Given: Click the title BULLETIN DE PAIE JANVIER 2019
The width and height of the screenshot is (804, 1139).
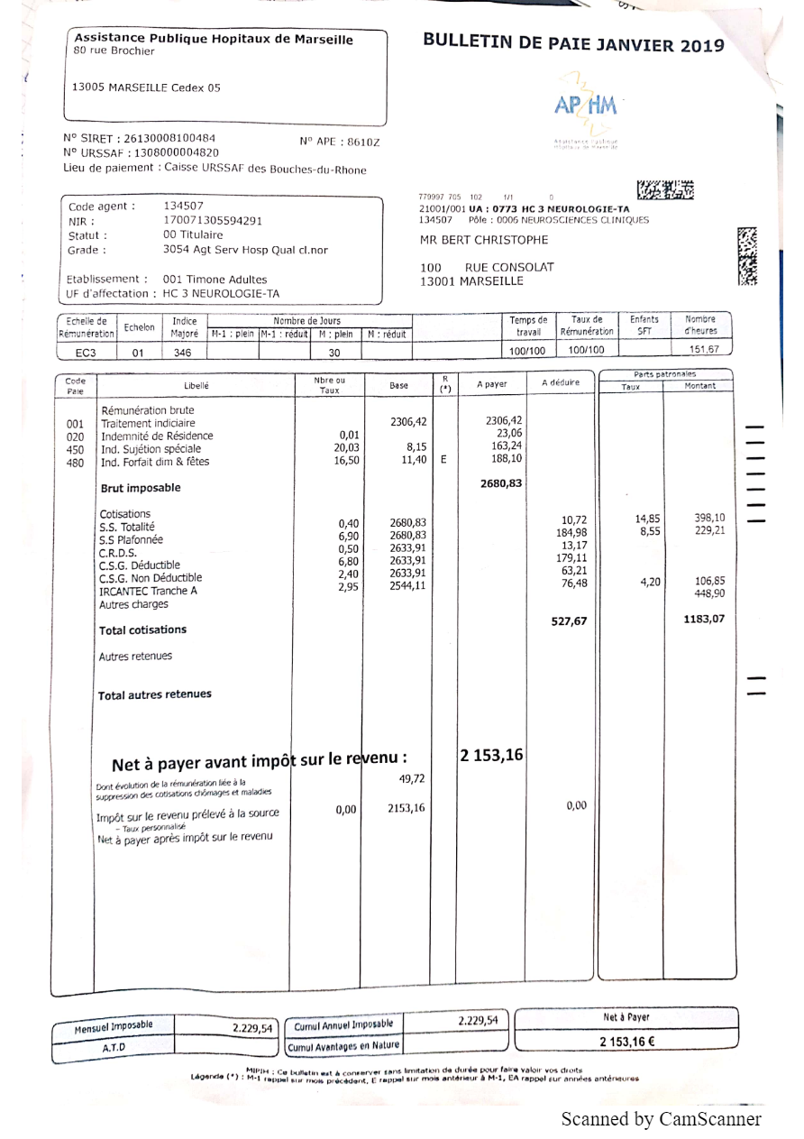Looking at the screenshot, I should [573, 45].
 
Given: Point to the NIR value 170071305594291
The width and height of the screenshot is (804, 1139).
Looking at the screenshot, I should [213, 220].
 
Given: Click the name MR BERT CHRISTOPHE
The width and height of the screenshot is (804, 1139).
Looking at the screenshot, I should [484, 240].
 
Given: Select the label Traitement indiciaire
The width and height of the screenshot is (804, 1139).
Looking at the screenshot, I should [148, 423].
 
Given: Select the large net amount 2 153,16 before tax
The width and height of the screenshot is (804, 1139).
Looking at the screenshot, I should [491, 755].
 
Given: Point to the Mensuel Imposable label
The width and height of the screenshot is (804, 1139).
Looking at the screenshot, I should [114, 1025].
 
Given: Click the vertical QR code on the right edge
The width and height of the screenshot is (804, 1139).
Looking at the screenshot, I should [747, 255].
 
